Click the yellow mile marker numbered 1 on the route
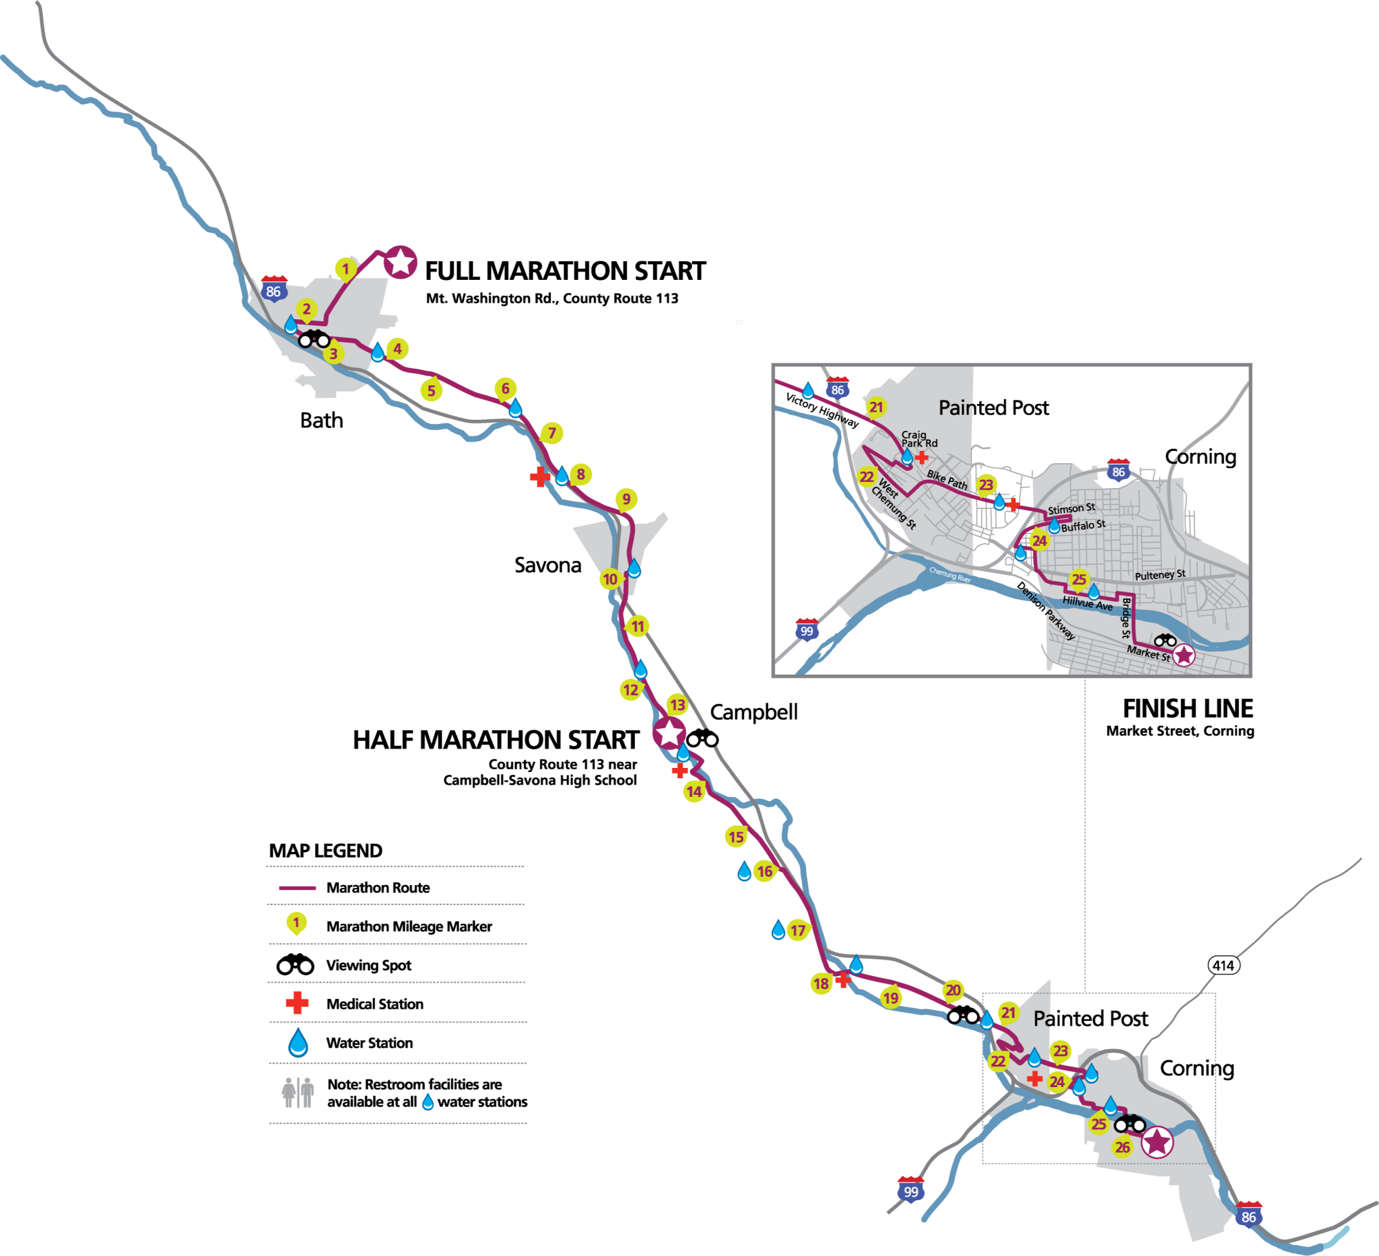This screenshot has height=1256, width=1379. point(345,269)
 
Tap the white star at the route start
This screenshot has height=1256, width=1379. point(401,262)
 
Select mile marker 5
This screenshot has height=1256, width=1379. point(432,390)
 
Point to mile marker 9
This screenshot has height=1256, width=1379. point(626,498)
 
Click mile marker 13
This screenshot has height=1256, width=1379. point(677,705)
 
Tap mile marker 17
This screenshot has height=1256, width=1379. point(798,931)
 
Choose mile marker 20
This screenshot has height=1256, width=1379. point(953,991)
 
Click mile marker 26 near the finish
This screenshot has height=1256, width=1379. point(1123,1147)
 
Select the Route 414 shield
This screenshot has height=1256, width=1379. point(1224,965)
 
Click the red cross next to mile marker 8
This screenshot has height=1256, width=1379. point(540,476)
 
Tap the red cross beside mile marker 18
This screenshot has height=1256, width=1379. point(843,978)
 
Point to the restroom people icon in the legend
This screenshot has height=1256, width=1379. point(298,1093)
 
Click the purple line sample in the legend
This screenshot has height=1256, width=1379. point(297,888)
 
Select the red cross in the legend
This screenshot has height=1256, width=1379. point(297,1003)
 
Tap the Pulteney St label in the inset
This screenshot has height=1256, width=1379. point(1160,575)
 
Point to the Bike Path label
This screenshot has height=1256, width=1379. point(947,479)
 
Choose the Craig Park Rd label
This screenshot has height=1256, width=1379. point(919,439)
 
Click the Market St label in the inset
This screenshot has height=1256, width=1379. point(1148,652)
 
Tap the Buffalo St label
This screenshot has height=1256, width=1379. point(1083,526)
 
